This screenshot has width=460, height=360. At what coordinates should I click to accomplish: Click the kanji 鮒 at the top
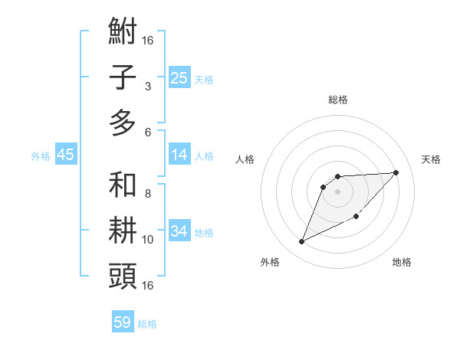point(123,32)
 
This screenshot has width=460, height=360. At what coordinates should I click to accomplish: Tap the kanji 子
point(123,77)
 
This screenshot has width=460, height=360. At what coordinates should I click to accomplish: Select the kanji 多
point(123,123)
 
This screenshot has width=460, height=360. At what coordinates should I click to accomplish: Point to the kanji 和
point(123,185)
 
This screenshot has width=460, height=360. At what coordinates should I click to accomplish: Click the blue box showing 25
point(179,77)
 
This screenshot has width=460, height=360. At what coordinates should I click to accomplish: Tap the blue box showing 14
point(179,155)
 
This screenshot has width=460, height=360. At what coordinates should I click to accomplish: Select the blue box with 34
point(179,231)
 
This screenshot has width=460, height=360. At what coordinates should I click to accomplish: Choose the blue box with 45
point(65,155)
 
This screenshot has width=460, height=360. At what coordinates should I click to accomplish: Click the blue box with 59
point(122,322)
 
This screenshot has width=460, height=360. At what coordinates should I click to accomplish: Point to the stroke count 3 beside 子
point(147,86)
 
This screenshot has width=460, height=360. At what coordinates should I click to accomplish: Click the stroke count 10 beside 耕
point(148,239)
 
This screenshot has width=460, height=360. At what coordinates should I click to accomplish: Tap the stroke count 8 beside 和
point(147,194)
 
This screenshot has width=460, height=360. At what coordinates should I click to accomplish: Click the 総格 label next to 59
point(147,324)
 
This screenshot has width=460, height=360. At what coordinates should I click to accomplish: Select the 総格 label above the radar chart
point(337,100)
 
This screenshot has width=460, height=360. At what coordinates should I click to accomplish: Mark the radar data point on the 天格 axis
point(396,172)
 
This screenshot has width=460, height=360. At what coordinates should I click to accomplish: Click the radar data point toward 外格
point(301,242)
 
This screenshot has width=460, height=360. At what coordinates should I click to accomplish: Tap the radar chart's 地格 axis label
point(402,262)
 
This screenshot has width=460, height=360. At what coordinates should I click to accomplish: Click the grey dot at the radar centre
point(337,191)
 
